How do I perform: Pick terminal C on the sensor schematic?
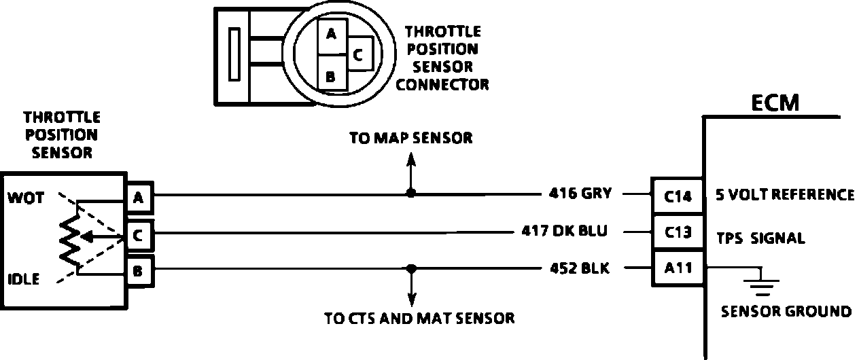point(139,236)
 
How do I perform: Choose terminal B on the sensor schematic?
point(139,272)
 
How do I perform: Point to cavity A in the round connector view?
point(331,34)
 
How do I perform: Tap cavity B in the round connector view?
point(331,76)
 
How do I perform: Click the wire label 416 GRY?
point(580,194)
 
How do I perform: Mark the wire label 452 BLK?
point(579,268)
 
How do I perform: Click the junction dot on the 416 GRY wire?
point(410,194)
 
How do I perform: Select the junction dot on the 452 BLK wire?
point(410,268)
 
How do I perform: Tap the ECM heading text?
point(775,103)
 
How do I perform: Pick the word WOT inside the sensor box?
point(26,198)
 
